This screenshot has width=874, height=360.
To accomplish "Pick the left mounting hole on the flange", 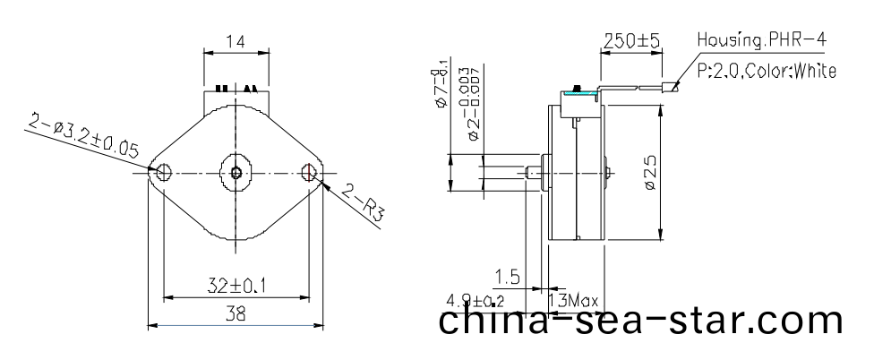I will pos(163,172).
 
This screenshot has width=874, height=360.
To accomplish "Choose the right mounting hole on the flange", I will pos(310,172).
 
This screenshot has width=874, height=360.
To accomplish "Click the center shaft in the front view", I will pos(236,172).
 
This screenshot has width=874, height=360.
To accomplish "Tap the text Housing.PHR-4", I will pos(765,41).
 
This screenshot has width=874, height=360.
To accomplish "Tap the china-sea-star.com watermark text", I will pos(641,323).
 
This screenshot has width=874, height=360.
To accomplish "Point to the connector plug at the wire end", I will pos(669,88).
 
